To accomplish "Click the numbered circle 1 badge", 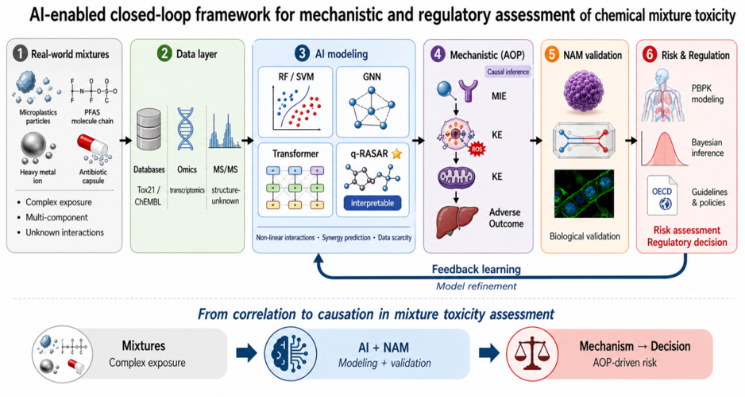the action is pyautogui.click(x=20, y=54).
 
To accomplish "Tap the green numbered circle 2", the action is pyautogui.click(x=164, y=53).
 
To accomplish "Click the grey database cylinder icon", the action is pyautogui.click(x=149, y=130).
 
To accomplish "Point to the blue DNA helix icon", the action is pyautogui.click(x=186, y=129).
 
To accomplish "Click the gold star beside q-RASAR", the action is pyautogui.click(x=396, y=154).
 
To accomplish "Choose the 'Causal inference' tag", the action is pyautogui.click(x=508, y=72).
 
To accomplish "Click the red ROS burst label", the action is pyautogui.click(x=477, y=149).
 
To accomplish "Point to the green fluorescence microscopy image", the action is pyautogui.click(x=584, y=194).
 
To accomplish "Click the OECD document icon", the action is pyautogui.click(x=662, y=195).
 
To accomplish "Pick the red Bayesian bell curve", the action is pyautogui.click(x=665, y=149).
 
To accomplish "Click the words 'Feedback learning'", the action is pyautogui.click(x=476, y=270).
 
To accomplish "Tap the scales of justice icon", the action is pyautogui.click(x=532, y=353).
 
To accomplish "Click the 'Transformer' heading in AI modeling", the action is pyautogui.click(x=295, y=154).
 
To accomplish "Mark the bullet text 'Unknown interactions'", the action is pyautogui.click(x=64, y=232).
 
